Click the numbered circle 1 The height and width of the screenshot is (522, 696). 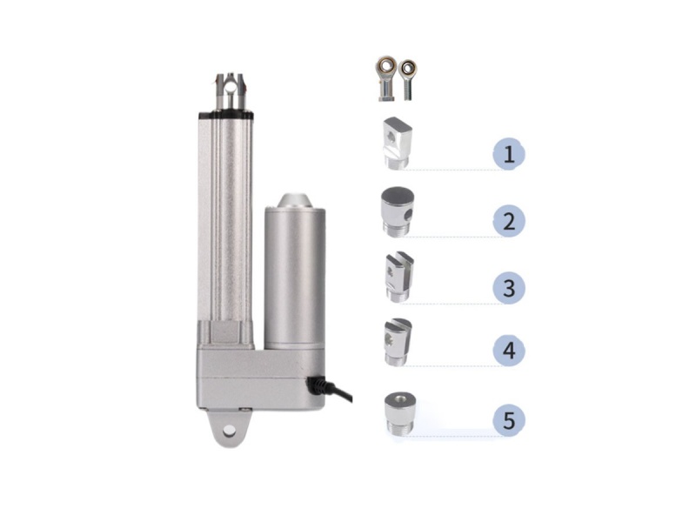coord(509,155)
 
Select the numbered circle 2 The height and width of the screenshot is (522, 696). coord(509,220)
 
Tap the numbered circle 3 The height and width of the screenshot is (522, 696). coord(509,286)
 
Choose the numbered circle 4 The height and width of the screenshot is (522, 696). coord(509,351)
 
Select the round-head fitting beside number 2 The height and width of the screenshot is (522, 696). coord(397,210)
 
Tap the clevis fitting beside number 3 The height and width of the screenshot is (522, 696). coord(397,276)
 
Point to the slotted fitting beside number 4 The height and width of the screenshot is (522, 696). coord(397,342)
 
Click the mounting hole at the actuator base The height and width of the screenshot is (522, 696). coord(231,429)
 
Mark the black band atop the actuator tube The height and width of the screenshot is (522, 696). coord(225,113)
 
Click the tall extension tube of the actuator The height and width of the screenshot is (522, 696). coord(225,217)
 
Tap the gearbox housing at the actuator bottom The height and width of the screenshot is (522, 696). coord(252,374)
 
